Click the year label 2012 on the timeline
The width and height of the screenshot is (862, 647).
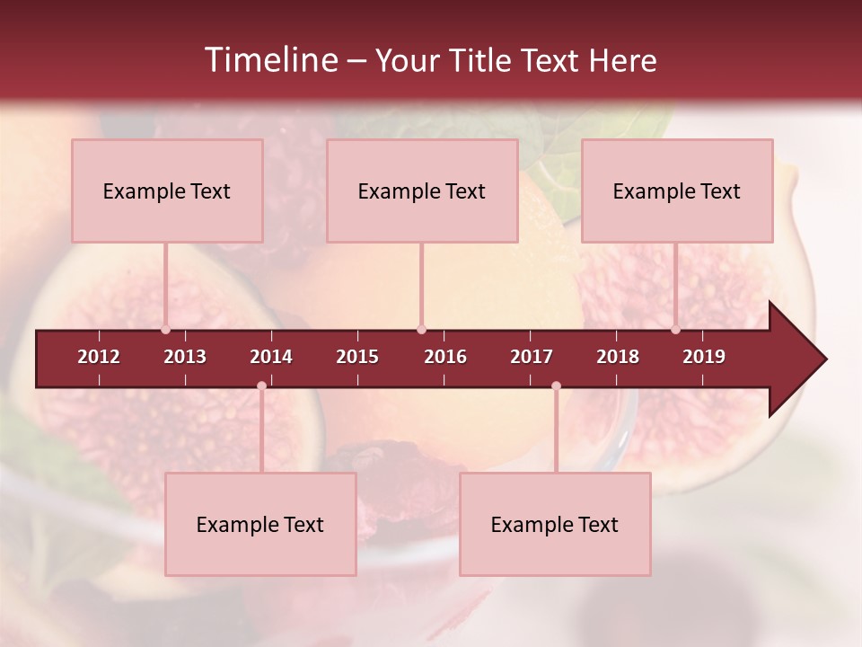(x=99, y=357)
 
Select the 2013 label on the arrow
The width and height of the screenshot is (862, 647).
(x=185, y=357)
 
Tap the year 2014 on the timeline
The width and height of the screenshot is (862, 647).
(x=271, y=357)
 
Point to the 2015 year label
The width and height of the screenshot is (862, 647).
(x=357, y=357)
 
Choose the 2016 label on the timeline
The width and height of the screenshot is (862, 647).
(x=445, y=357)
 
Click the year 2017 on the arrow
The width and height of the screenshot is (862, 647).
(x=532, y=357)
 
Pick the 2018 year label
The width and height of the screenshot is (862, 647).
(x=618, y=357)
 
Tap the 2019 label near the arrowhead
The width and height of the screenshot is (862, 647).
(x=704, y=357)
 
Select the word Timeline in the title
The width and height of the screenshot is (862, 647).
(x=270, y=60)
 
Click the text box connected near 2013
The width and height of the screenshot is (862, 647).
(x=167, y=191)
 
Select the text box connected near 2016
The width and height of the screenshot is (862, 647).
(x=422, y=191)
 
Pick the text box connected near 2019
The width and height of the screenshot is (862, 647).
(x=677, y=191)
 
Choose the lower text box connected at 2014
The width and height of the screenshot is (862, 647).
(x=260, y=524)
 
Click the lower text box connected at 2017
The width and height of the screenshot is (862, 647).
(x=555, y=524)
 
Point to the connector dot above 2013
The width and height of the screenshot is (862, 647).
(x=165, y=329)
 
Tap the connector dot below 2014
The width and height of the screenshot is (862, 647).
(x=261, y=386)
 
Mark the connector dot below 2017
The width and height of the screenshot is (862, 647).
(x=556, y=386)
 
